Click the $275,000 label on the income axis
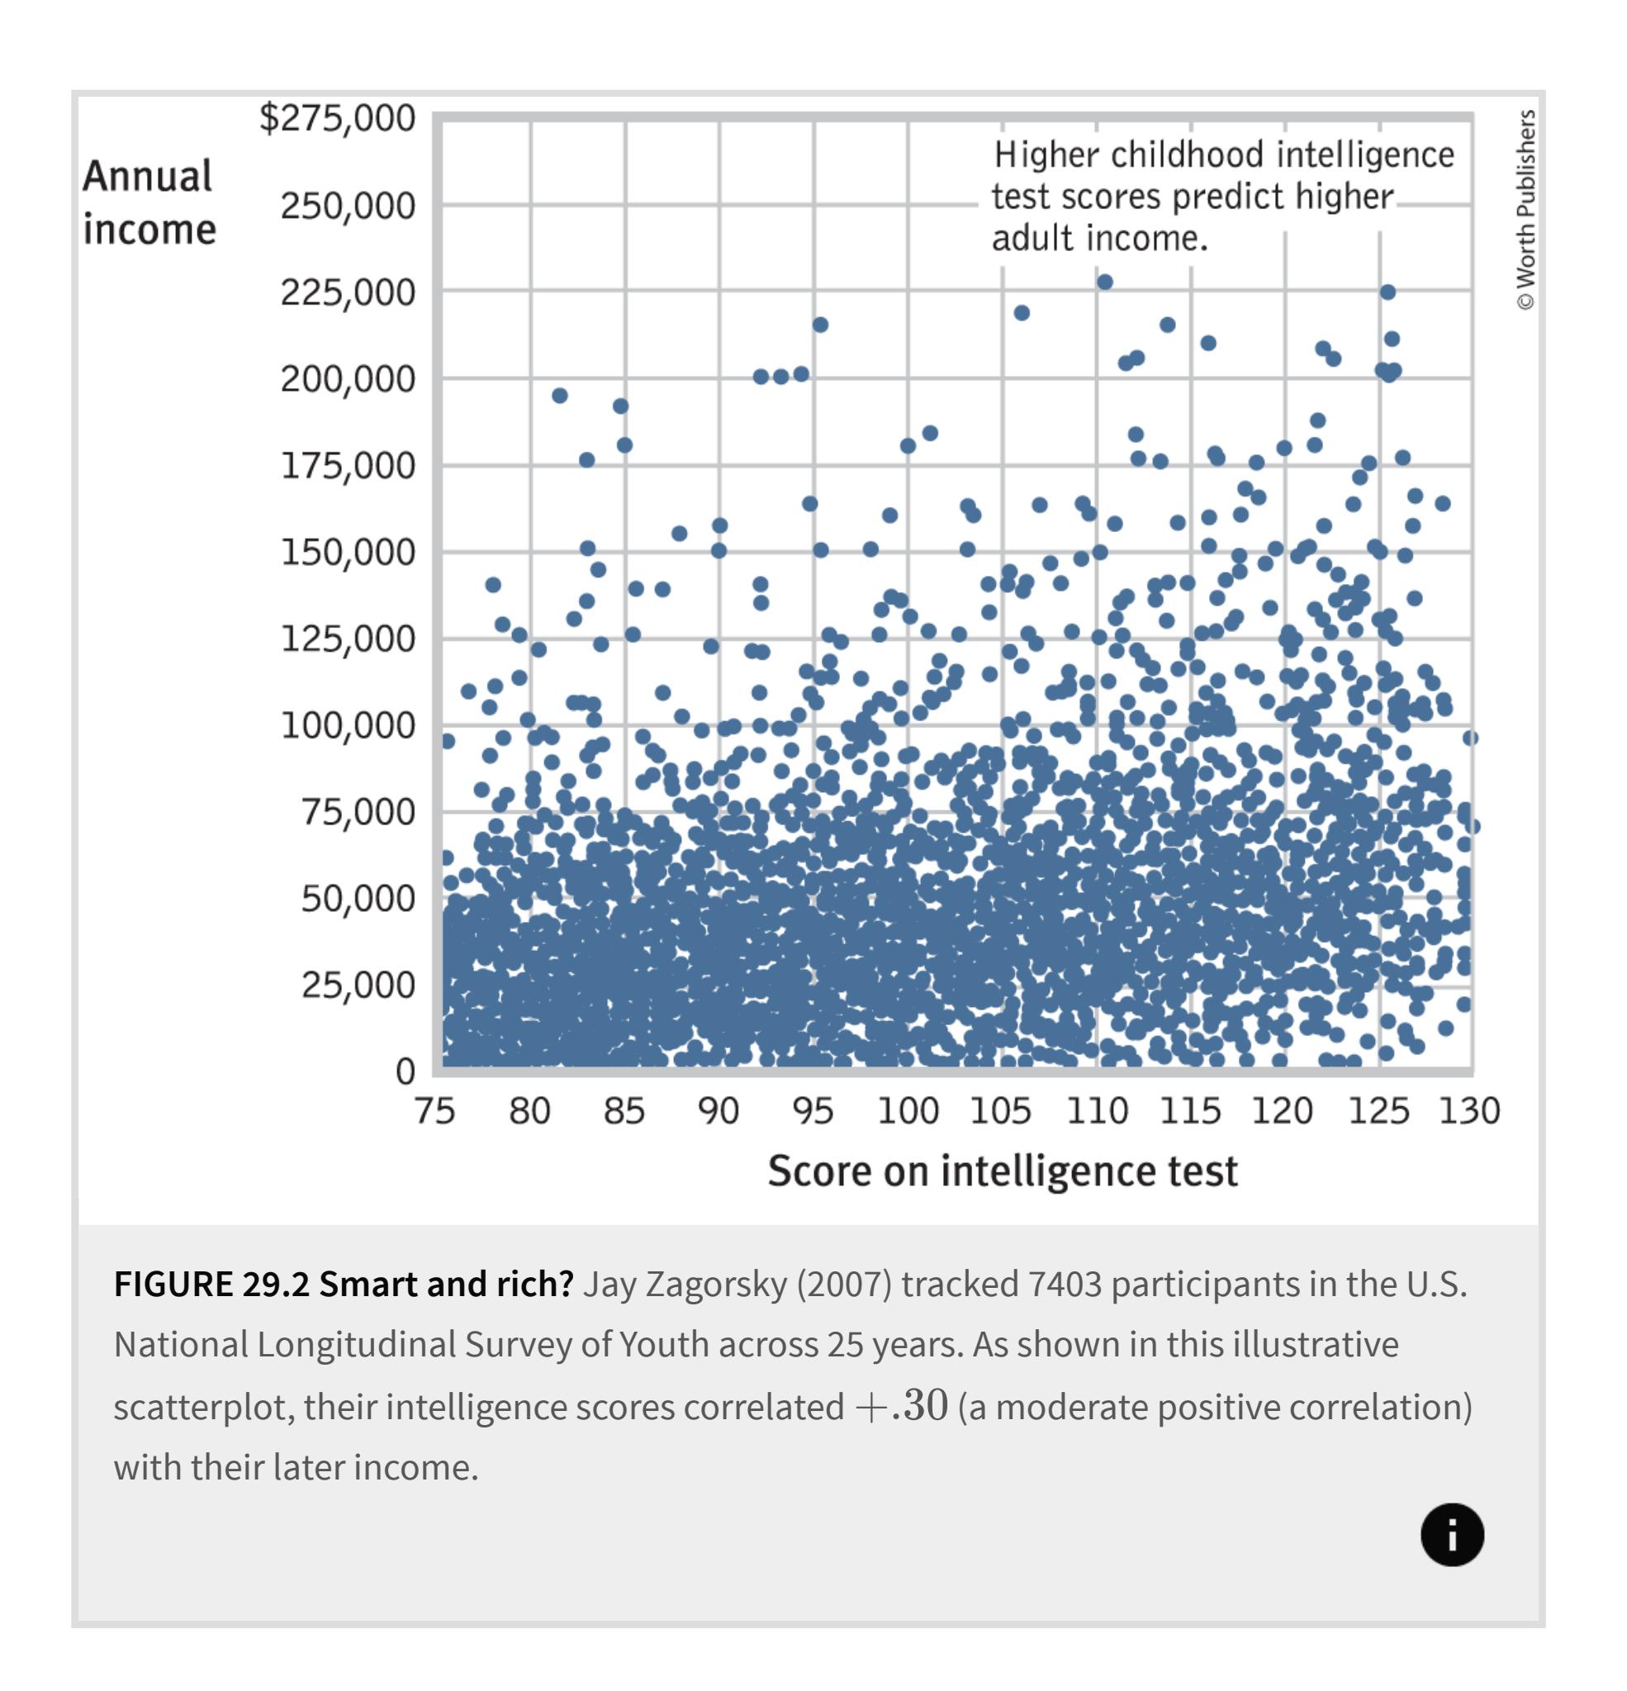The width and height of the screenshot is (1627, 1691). (x=337, y=118)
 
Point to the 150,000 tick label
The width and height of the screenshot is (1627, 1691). (x=348, y=552)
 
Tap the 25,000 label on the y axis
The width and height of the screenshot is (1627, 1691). (x=358, y=985)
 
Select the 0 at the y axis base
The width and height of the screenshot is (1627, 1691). (x=405, y=1071)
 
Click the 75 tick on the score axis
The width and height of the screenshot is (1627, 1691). (x=434, y=1111)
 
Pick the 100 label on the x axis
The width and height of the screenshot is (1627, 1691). (x=908, y=1111)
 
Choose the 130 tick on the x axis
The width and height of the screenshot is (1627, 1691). (x=1470, y=1111)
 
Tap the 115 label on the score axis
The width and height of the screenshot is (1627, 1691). (x=1189, y=1111)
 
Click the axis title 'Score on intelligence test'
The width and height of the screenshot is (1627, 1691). (x=1003, y=1171)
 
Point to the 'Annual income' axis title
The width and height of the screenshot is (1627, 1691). (x=149, y=202)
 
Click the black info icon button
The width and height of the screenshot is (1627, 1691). (x=1452, y=1535)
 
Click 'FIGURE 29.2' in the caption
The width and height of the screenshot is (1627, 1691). (x=211, y=1284)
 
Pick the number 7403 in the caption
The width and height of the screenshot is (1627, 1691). (x=1065, y=1284)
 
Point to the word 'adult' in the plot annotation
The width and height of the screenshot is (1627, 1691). (x=1032, y=238)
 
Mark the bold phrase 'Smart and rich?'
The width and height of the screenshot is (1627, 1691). (x=446, y=1284)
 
